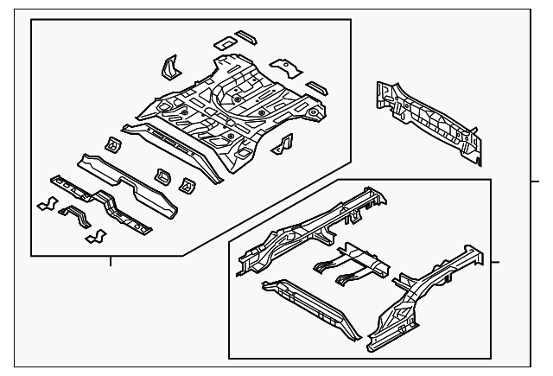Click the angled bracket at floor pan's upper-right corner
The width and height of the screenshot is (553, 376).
click(284, 64)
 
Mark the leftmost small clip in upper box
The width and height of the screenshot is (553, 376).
click(46, 204)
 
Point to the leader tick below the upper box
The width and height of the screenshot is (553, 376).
click(111, 262)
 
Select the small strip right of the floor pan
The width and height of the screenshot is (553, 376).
click(318, 87)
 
